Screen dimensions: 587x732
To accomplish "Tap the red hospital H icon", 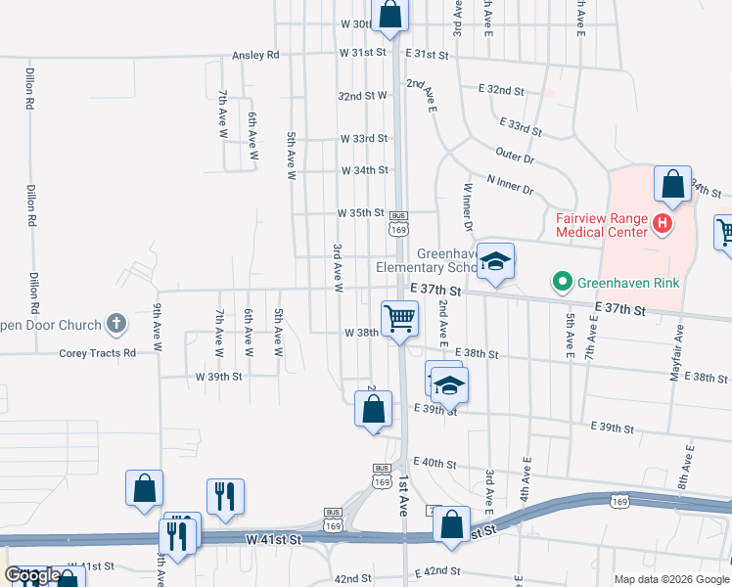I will pos(663,225).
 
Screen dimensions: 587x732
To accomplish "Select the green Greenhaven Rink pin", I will pos(562,285).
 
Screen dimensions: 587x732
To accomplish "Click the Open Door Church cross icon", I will pos(115,324).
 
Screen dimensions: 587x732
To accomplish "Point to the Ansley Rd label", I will pos(255,55).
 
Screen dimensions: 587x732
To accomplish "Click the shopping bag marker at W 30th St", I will pos(389,16).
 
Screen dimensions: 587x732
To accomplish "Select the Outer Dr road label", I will pos(515,156).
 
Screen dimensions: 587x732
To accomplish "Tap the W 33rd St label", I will pos(364,139).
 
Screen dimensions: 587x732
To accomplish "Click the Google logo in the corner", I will pos(31,575).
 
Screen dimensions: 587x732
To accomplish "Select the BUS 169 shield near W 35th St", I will pos(397,223).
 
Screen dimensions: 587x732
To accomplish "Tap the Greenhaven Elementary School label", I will pos(427,259).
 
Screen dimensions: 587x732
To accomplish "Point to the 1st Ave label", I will pos(403,496).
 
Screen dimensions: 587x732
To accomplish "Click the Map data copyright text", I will pos(670,578).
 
